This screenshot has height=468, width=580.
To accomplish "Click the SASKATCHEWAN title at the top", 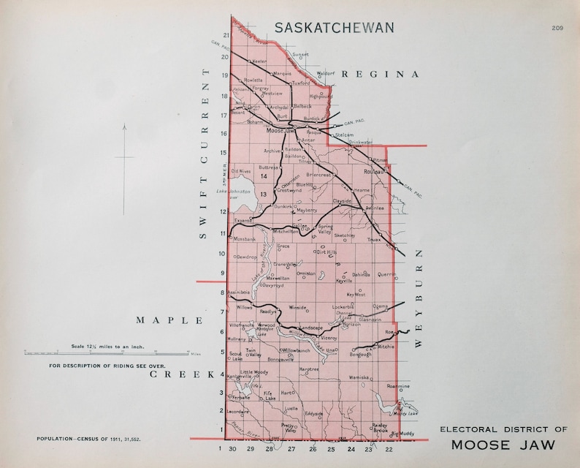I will [x=335, y=28].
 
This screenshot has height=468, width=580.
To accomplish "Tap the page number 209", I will [x=558, y=28].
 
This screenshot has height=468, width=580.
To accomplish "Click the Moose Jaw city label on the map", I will [x=278, y=131].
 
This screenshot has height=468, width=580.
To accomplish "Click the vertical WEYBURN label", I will [x=420, y=299].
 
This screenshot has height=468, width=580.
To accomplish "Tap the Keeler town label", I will [x=259, y=62].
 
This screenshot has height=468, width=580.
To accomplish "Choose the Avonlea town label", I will [x=375, y=207].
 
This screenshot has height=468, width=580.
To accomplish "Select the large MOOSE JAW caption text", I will [x=502, y=445].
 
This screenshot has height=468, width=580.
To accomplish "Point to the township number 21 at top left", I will [x=226, y=35].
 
